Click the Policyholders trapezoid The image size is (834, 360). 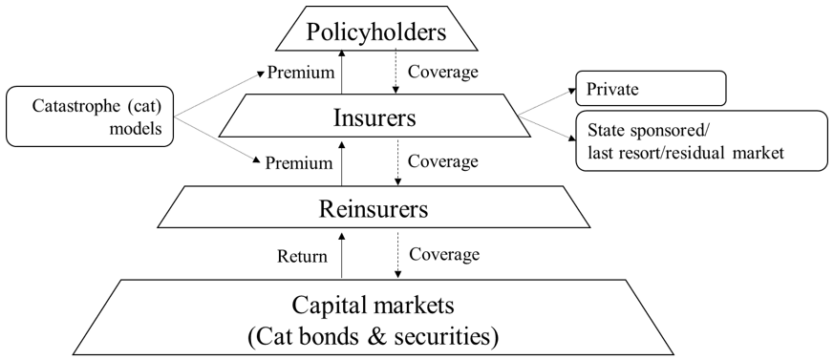(375, 32)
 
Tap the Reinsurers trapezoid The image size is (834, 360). (374, 207)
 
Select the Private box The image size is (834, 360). (650, 91)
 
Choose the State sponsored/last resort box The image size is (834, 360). (700, 140)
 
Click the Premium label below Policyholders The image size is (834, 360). (300, 72)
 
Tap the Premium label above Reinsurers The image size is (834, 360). (300, 162)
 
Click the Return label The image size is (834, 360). (302, 256)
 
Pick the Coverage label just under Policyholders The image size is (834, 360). (443, 72)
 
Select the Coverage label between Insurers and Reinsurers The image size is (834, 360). (443, 161)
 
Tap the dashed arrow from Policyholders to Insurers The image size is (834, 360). (396, 72)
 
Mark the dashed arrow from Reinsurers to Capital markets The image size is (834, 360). (396, 255)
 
